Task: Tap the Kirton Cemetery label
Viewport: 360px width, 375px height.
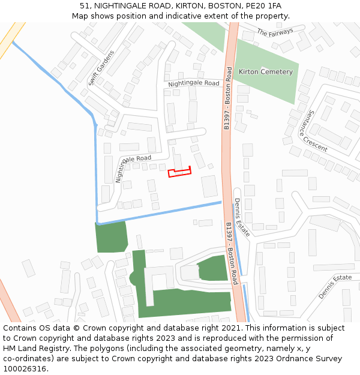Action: pyautogui.click(x=266, y=72)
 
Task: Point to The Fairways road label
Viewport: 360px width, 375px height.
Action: pyautogui.click(x=275, y=32)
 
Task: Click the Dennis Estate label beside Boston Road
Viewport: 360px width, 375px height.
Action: pyautogui.click(x=242, y=217)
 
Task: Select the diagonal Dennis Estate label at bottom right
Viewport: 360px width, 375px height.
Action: pyautogui.click(x=335, y=286)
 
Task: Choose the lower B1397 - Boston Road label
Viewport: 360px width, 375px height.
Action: pyautogui.click(x=232, y=253)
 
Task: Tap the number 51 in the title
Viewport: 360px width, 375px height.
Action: pyautogui.click(x=85, y=5)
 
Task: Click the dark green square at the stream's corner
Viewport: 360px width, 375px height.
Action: pyautogui.click(x=111, y=237)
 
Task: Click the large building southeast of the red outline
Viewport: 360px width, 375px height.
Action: pyautogui.click(x=209, y=186)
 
